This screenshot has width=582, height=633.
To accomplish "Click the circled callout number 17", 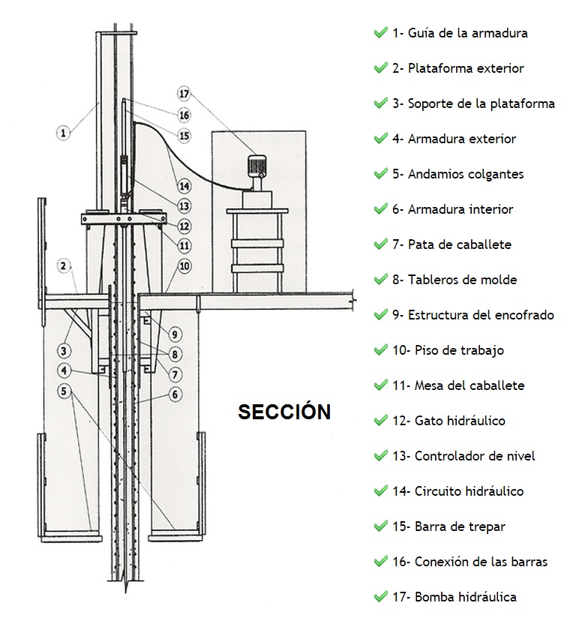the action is (x=184, y=94).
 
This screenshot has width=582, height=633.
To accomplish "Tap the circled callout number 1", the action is (x=63, y=133).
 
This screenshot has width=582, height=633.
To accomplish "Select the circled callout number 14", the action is (x=184, y=186).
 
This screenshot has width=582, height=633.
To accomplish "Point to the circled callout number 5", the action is (x=64, y=391).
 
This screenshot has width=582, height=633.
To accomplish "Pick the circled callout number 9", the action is (x=175, y=334).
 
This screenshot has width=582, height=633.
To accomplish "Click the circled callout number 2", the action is (x=63, y=266).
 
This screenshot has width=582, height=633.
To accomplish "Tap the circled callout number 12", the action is (x=184, y=226).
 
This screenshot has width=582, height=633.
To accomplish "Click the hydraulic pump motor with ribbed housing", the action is (x=256, y=166).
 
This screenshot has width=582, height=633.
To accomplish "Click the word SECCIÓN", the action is (x=284, y=412).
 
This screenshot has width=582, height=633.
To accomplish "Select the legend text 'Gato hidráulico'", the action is (x=460, y=421).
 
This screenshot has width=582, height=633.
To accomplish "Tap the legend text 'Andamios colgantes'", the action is (x=466, y=175).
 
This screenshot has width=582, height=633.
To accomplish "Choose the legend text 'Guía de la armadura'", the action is (x=468, y=33).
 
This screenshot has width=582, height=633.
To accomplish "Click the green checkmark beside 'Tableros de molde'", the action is (x=380, y=279).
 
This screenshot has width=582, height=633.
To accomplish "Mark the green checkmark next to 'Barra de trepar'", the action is (x=380, y=526).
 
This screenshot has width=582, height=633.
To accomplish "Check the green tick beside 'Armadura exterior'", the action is (x=380, y=138).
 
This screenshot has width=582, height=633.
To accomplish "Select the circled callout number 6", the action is (x=175, y=394).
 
